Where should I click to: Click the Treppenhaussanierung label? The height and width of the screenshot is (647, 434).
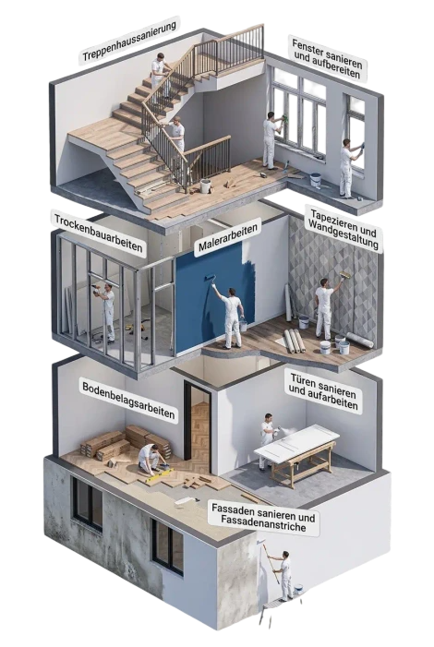(129, 41)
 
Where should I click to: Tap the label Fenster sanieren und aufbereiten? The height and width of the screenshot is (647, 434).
(327, 58)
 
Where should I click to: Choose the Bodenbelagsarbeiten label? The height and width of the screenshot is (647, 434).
(128, 401)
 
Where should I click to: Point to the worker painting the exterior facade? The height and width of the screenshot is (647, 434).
(285, 574)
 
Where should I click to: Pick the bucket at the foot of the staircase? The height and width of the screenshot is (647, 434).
(205, 186)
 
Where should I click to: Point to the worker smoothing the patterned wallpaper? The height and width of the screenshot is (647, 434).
(324, 306)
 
